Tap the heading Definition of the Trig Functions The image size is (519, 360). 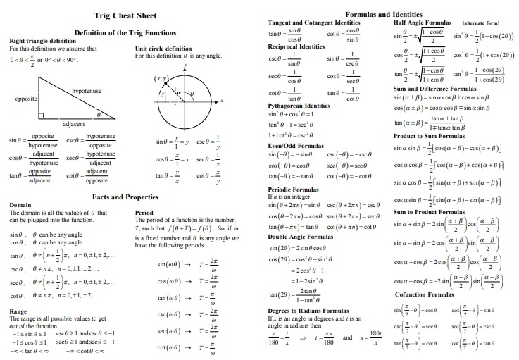coord(125,32)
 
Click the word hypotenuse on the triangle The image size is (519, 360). coord(86,91)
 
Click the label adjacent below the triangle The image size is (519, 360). coord(74,123)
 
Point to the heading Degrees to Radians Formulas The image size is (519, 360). coord(307,311)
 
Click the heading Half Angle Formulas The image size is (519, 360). coord(421,23)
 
